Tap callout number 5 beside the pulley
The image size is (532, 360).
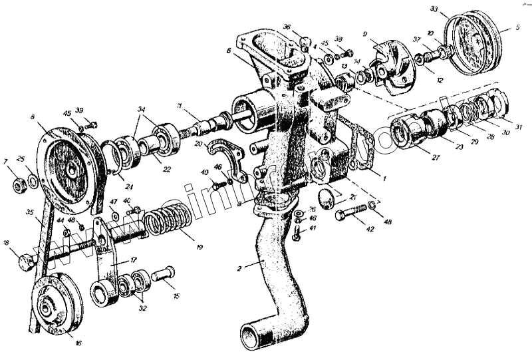(x=517, y=29)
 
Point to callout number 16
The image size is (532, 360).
(x=78, y=343)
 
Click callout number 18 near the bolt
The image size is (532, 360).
(x=6, y=244)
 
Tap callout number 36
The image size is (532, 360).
(x=287, y=27)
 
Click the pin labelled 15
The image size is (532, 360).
(x=162, y=273)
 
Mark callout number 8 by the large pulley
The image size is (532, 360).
(x=33, y=117)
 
